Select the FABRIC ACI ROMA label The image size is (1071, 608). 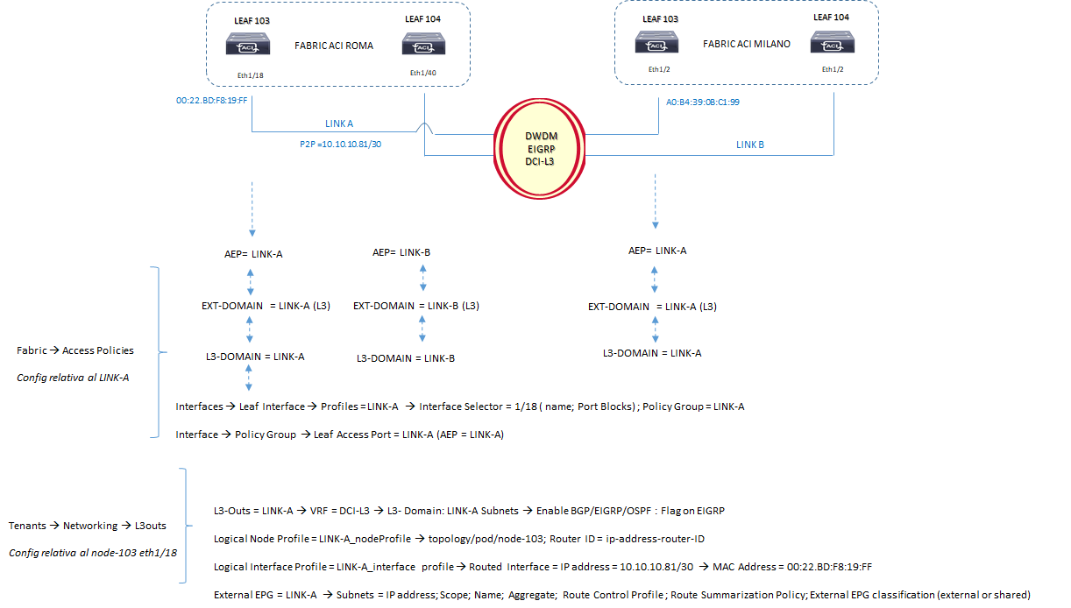click(333, 46)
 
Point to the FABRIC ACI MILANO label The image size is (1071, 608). click(747, 43)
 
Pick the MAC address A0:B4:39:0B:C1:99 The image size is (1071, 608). click(704, 101)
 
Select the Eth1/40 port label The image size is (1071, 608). click(422, 73)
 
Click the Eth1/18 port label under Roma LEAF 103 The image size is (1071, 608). click(250, 75)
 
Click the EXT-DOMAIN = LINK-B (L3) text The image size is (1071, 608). click(415, 306)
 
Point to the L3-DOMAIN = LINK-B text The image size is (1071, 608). click(405, 358)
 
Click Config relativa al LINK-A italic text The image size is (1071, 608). click(73, 378)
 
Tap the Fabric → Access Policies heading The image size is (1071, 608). click(75, 350)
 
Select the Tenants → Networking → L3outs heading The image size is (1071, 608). click(87, 526)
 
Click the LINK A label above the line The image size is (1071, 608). click(339, 124)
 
